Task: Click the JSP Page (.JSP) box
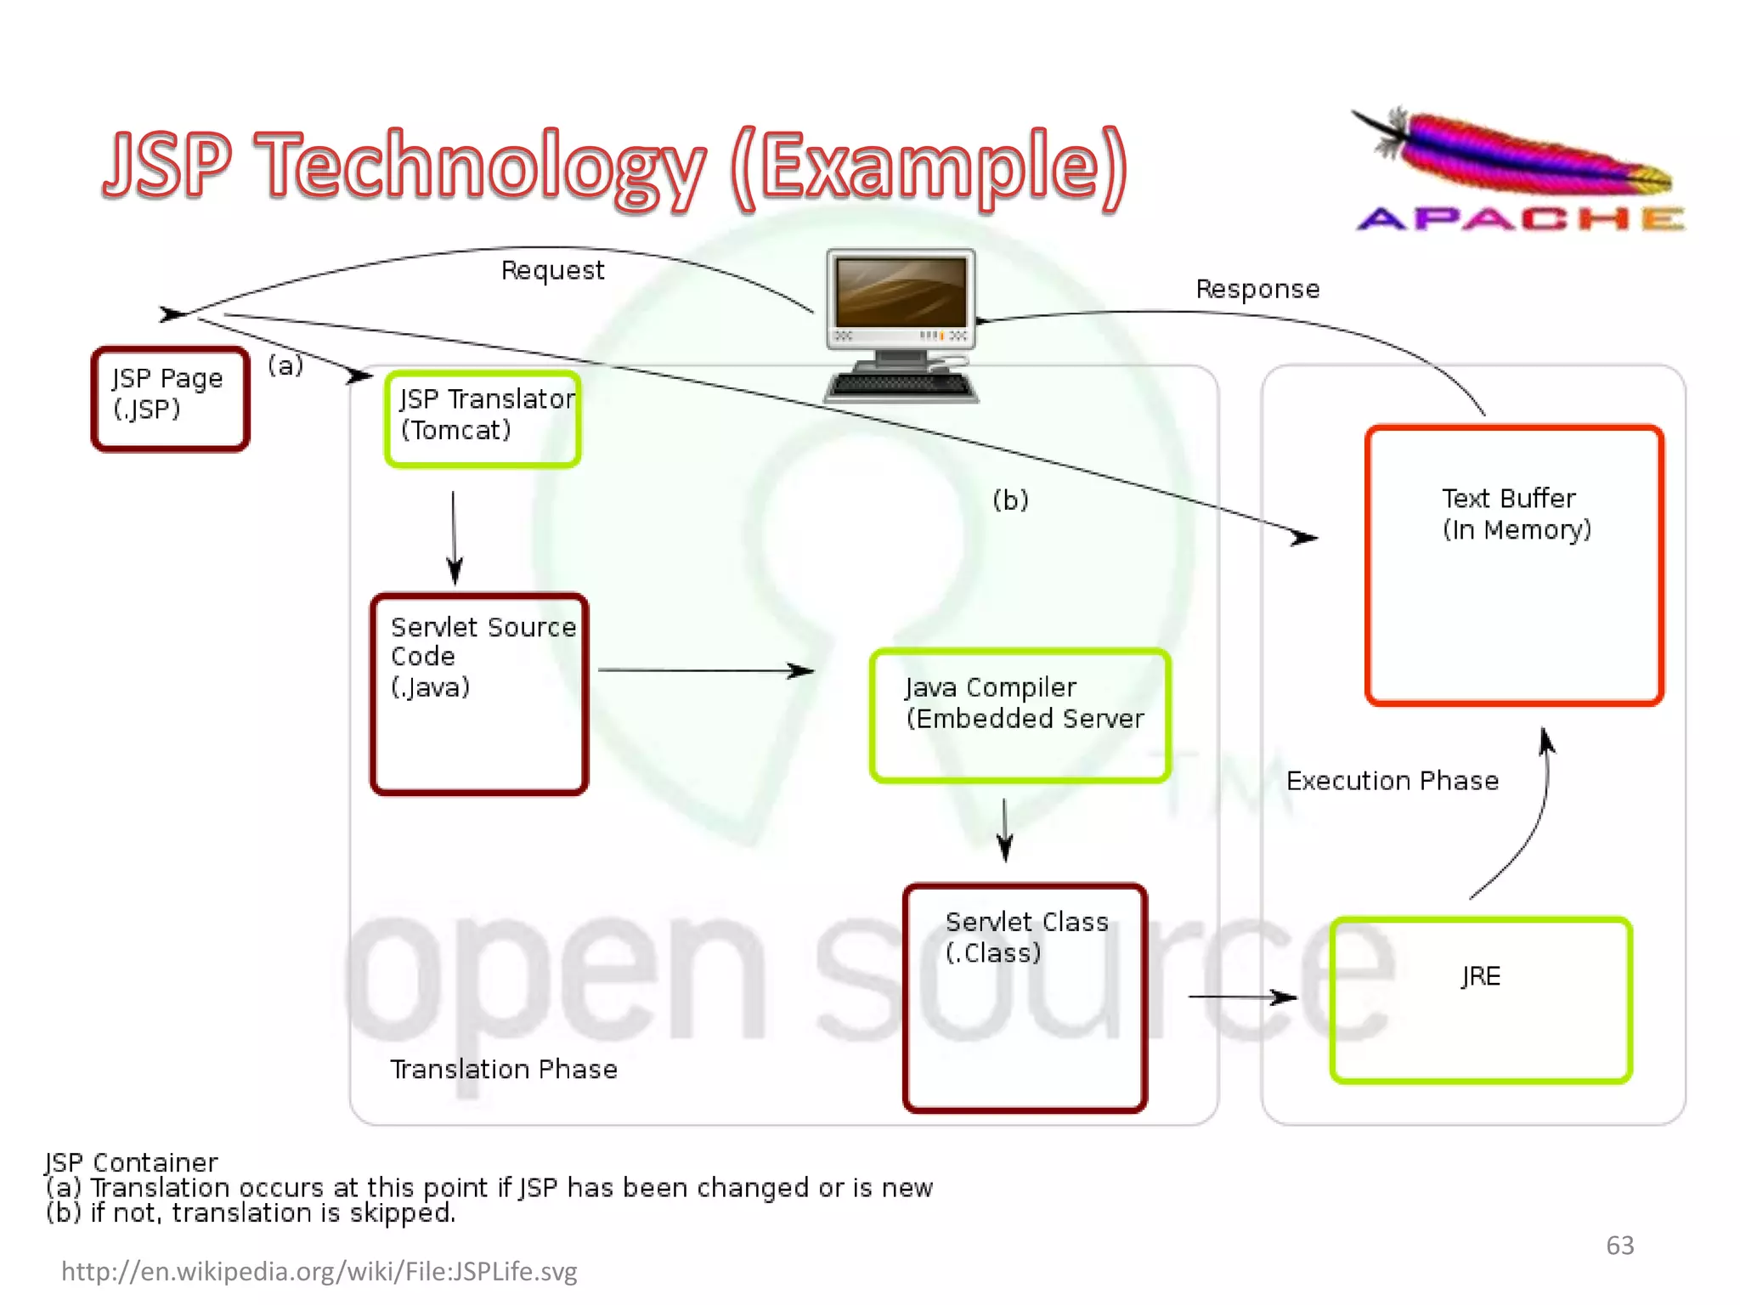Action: [x=170, y=398]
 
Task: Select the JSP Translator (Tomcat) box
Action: [x=483, y=419]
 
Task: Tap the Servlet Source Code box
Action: [x=479, y=694]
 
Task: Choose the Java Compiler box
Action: [x=1020, y=715]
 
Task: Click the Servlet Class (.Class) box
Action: [x=1025, y=997]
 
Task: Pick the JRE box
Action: [x=1480, y=999]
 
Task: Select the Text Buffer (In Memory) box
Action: [x=1514, y=565]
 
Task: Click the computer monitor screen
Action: [x=901, y=293]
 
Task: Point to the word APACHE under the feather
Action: [x=1521, y=219]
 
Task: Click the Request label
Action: [x=552, y=270]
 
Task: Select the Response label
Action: [x=1257, y=289]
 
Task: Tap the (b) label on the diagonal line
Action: [x=1010, y=500]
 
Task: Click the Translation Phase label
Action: [x=504, y=1069]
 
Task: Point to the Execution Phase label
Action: [x=1393, y=781]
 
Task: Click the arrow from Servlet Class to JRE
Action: [x=1242, y=997]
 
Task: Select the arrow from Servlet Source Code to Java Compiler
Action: [x=705, y=670]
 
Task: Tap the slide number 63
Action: [x=1619, y=1246]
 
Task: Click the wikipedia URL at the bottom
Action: [x=319, y=1271]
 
